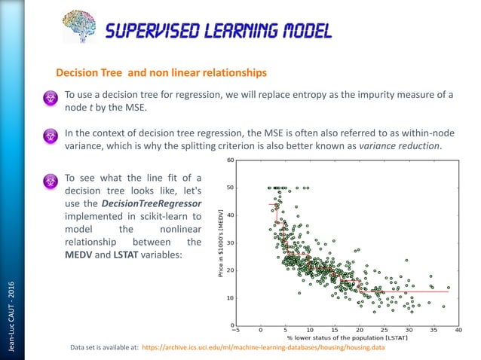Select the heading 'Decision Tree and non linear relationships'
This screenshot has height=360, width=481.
point(161,73)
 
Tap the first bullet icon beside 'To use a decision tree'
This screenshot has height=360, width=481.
point(51,98)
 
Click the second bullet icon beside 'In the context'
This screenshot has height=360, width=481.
point(51,136)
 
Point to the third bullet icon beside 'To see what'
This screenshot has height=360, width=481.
point(51,182)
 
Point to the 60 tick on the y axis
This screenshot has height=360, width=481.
point(230,160)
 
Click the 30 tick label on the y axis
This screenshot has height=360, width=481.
point(230,243)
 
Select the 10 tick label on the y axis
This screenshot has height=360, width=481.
point(230,297)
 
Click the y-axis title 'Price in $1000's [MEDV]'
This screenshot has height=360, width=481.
point(222,242)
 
